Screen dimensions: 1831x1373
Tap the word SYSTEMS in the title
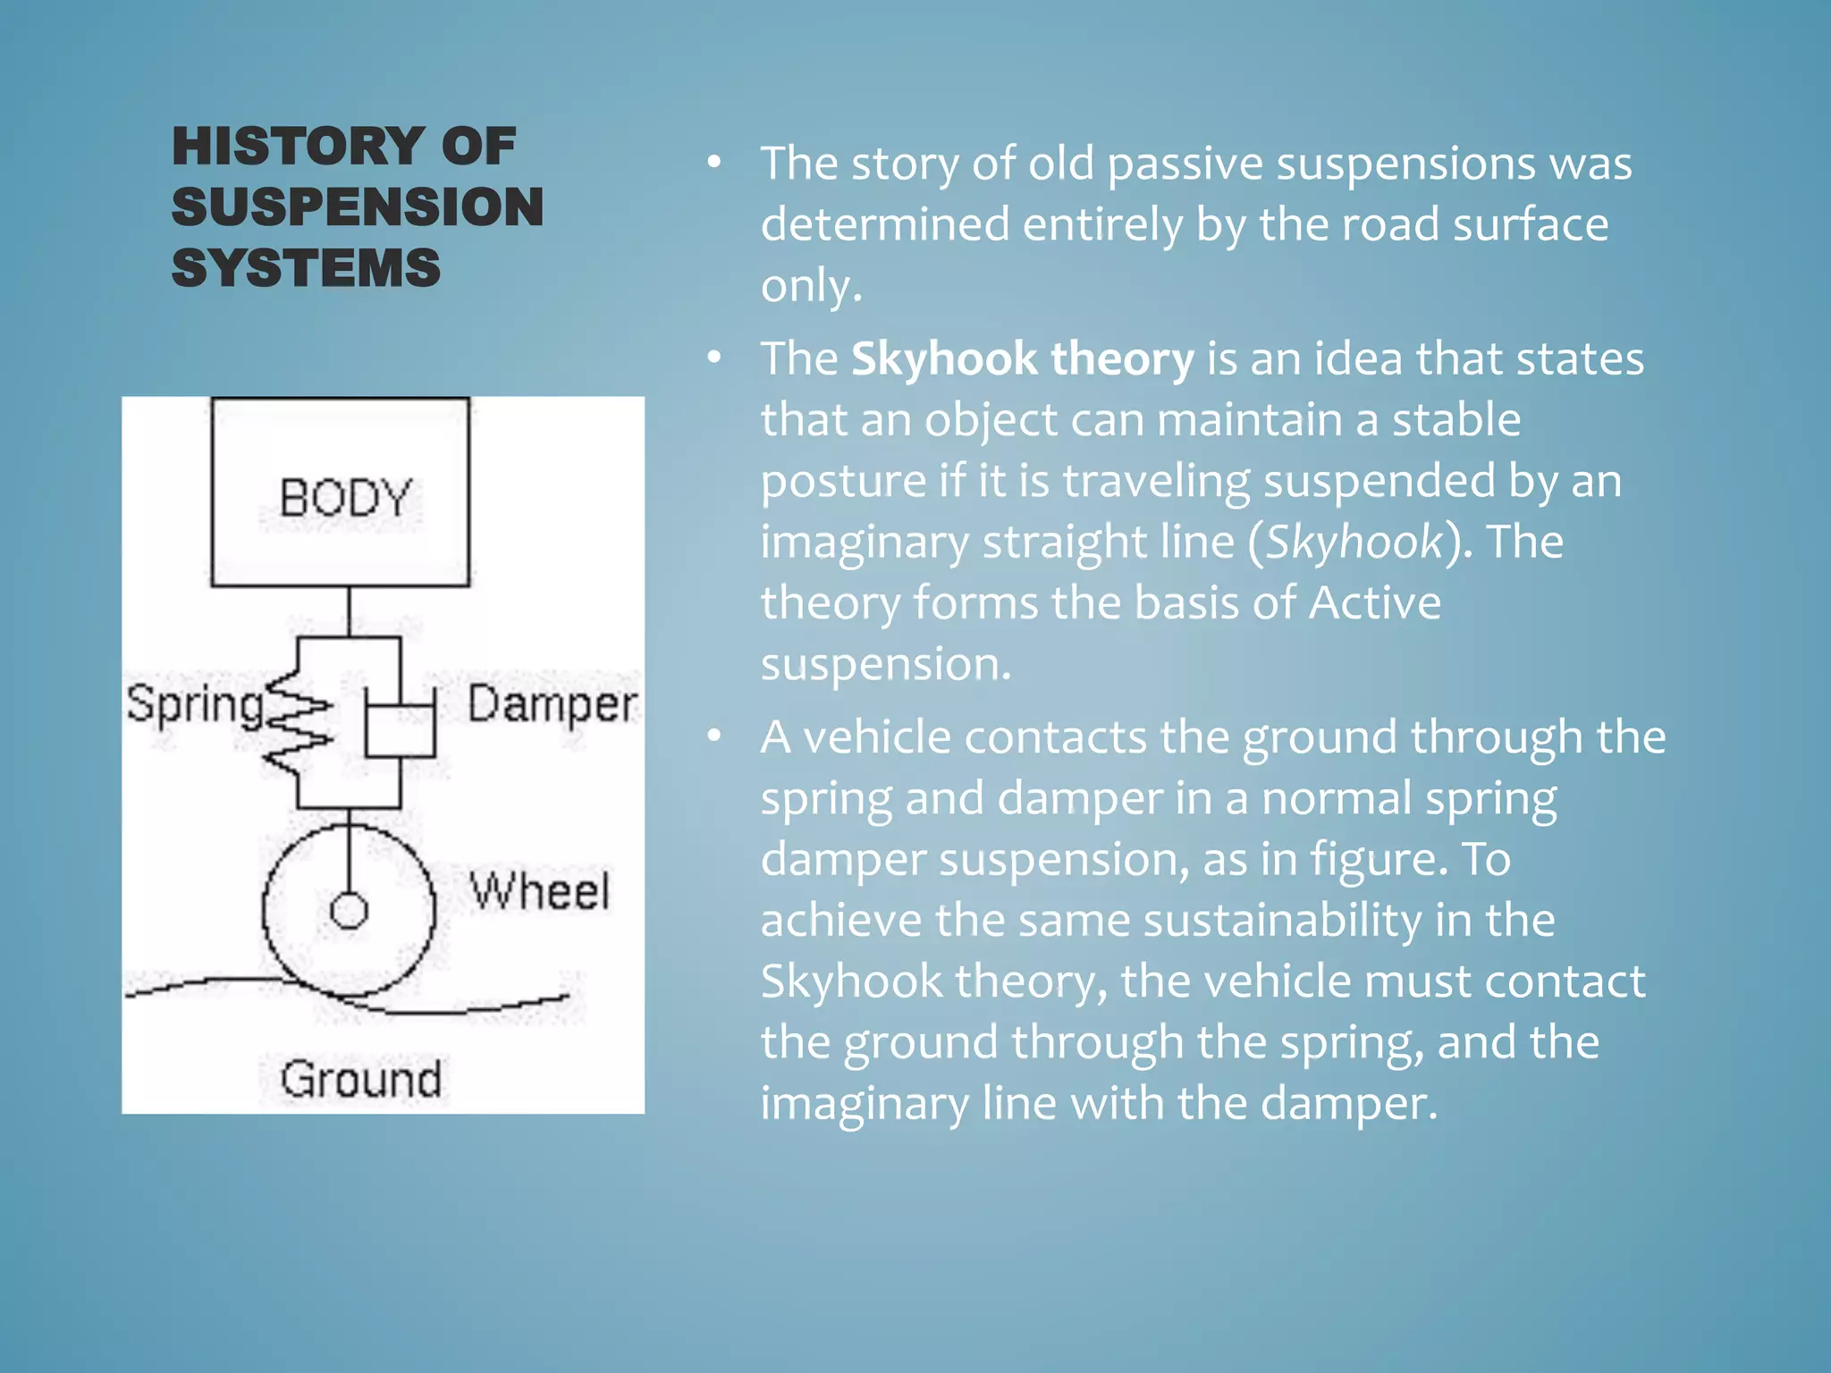306,267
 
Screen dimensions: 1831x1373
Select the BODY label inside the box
345,498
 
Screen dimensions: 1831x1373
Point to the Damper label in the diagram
553,704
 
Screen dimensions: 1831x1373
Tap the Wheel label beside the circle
540,891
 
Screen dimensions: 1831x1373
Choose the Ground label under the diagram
361,1079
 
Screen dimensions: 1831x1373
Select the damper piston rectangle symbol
400,730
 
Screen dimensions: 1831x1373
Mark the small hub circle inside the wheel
349,911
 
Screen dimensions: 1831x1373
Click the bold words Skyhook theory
1022,359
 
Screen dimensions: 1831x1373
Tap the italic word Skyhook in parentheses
1354,542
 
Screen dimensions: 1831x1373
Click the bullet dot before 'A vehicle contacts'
713,736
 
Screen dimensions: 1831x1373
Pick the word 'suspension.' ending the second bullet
885,664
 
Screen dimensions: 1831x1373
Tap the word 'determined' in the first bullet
884,224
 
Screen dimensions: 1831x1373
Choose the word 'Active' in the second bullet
1375,602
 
